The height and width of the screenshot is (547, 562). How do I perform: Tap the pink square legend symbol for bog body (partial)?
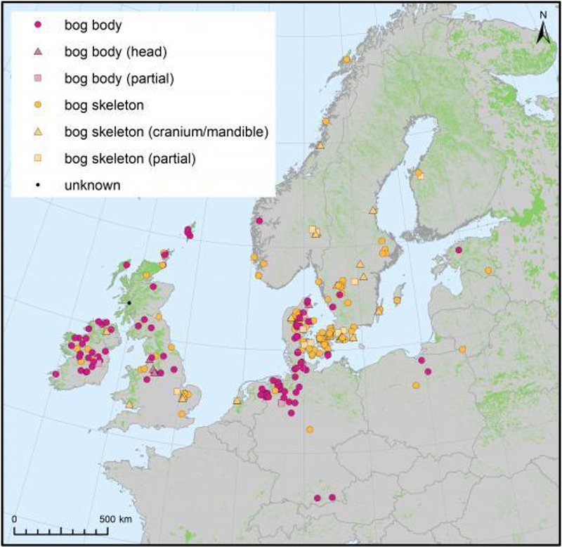tap(39, 78)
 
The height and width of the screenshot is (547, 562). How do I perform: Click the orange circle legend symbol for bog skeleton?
tap(39, 105)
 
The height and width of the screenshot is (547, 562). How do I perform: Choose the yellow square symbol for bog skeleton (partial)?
tap(39, 159)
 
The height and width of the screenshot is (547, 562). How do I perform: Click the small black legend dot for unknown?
tap(39, 186)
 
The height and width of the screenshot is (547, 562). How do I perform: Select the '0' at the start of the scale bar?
tap(15, 519)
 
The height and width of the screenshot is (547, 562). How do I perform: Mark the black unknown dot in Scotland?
tap(129, 302)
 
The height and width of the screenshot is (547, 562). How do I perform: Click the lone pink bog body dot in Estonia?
tap(458, 250)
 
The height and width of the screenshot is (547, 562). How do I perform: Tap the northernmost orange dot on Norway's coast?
tap(346, 59)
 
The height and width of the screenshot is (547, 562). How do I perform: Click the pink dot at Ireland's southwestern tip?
tap(55, 374)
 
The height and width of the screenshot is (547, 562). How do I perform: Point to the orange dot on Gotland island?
tap(398, 300)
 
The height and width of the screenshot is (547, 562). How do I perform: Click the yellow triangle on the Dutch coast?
tap(237, 401)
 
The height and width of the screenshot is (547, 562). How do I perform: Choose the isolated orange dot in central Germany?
tap(309, 429)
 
